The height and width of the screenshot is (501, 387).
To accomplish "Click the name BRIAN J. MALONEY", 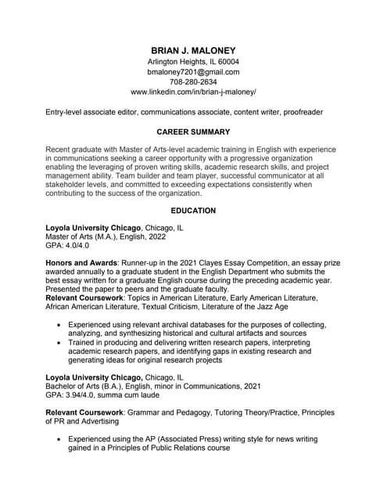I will point(193,49).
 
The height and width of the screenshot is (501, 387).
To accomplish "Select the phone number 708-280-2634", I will point(193,81).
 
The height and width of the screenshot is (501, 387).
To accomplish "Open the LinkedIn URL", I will point(193,92).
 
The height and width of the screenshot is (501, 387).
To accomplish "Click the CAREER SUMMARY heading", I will point(193,132).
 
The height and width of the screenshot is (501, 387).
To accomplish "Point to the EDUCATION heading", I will point(193,211).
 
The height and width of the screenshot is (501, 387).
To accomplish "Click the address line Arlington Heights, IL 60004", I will point(193,61).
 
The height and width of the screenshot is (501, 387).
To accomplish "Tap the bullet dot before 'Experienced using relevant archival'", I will point(59,324).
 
